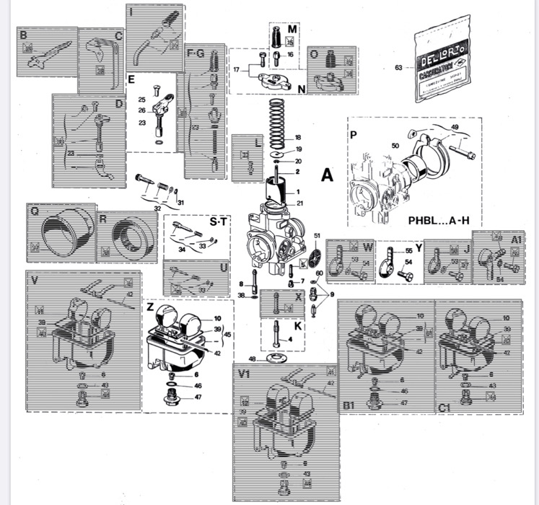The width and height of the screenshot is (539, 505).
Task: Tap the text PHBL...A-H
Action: (434, 217)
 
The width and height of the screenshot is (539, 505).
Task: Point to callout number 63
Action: (399, 69)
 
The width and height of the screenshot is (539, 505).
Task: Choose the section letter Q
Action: (34, 211)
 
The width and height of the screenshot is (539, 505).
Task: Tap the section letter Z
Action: (149, 307)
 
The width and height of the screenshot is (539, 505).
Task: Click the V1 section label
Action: (243, 374)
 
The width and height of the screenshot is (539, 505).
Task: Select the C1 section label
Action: (445, 408)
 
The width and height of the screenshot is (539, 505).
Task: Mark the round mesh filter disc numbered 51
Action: (316, 256)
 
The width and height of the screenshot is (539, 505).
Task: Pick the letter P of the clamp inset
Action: (353, 135)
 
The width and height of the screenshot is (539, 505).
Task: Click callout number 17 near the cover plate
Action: (235, 69)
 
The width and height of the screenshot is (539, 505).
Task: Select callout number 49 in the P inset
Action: (455, 126)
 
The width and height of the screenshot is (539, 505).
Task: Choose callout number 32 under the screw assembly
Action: (157, 208)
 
